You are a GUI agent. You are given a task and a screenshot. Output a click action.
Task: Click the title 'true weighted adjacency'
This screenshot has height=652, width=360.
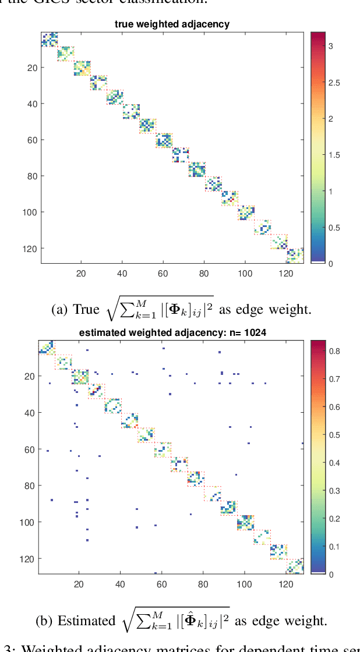pyautogui.click(x=172, y=24)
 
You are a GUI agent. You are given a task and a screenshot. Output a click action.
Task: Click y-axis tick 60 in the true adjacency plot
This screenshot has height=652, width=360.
pyautogui.click(x=31, y=140)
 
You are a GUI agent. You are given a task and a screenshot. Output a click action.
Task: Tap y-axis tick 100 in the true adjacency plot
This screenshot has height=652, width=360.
pyautogui.click(x=29, y=212)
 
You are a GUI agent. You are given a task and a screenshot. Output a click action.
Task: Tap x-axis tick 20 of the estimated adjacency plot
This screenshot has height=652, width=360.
pyautogui.click(x=80, y=584)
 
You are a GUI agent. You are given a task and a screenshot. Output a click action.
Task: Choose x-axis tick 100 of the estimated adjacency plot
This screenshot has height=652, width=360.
pyautogui.click(x=245, y=584)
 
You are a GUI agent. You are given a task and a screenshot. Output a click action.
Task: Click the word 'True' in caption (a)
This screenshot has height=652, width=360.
pyautogui.click(x=86, y=310)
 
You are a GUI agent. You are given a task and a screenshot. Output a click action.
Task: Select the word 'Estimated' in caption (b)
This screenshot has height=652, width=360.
pyautogui.click(x=84, y=621)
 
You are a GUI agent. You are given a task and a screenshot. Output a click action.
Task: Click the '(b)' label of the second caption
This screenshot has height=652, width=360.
pyautogui.click(x=44, y=621)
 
